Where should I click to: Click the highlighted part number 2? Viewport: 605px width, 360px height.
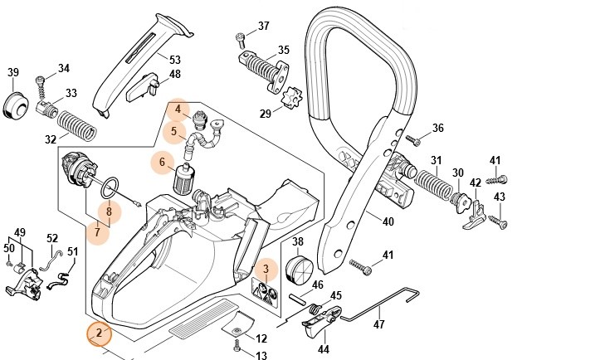99,333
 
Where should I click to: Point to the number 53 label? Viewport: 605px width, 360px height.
174,60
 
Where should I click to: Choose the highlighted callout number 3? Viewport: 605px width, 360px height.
266,268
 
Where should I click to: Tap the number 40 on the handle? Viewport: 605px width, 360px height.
388,221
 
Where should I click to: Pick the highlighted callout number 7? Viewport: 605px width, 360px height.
98,231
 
